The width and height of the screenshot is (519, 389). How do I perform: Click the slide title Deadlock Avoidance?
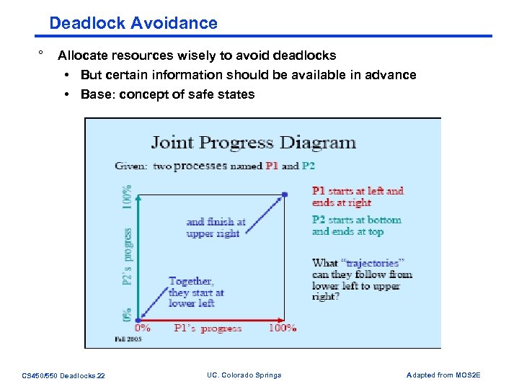[x=133, y=23]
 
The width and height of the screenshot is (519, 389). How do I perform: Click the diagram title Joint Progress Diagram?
[x=253, y=142]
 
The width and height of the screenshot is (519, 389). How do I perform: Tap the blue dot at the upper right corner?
[x=285, y=194]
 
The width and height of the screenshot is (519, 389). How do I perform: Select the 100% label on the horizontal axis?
[x=282, y=328]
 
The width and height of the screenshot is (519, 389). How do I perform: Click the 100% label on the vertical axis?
[x=127, y=197]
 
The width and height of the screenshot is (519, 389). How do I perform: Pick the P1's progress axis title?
[x=208, y=328]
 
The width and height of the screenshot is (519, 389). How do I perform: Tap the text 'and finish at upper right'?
[x=216, y=228]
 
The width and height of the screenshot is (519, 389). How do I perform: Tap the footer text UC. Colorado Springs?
[x=244, y=375]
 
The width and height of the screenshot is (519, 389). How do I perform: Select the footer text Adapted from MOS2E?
[x=443, y=375]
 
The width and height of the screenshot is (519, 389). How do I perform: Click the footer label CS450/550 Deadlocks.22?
[x=63, y=375]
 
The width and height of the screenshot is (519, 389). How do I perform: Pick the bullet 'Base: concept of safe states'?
[x=167, y=94]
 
